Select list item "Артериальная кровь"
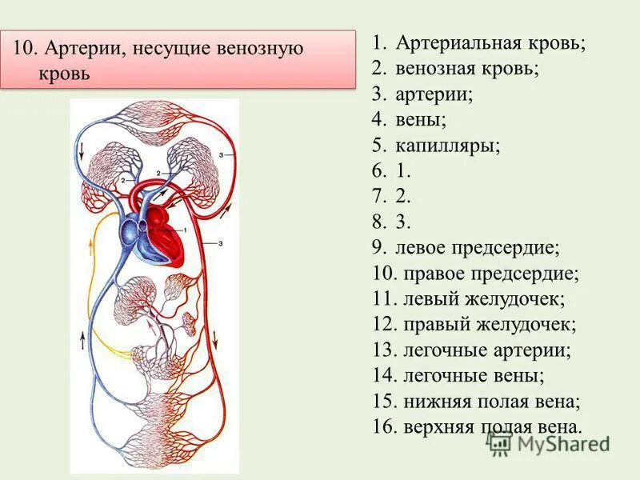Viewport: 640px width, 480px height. [490, 43]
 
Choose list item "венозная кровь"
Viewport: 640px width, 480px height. [466, 69]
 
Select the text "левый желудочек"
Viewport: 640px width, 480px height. [482, 299]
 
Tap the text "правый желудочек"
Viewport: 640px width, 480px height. [487, 325]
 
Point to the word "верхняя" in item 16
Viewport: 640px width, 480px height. [438, 427]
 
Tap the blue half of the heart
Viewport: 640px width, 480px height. [131, 236]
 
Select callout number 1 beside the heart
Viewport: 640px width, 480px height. [186, 230]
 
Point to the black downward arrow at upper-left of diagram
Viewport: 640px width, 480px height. [80, 150]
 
